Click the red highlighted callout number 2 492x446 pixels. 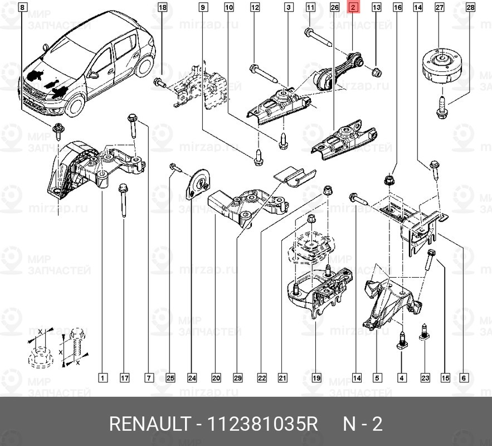353,8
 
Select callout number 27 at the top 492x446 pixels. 439,8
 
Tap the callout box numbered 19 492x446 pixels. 316,378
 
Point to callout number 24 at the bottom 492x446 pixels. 192,378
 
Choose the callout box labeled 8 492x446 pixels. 22,8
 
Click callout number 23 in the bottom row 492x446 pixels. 425,378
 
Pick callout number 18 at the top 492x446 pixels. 162,8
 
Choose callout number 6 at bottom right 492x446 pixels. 464,378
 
